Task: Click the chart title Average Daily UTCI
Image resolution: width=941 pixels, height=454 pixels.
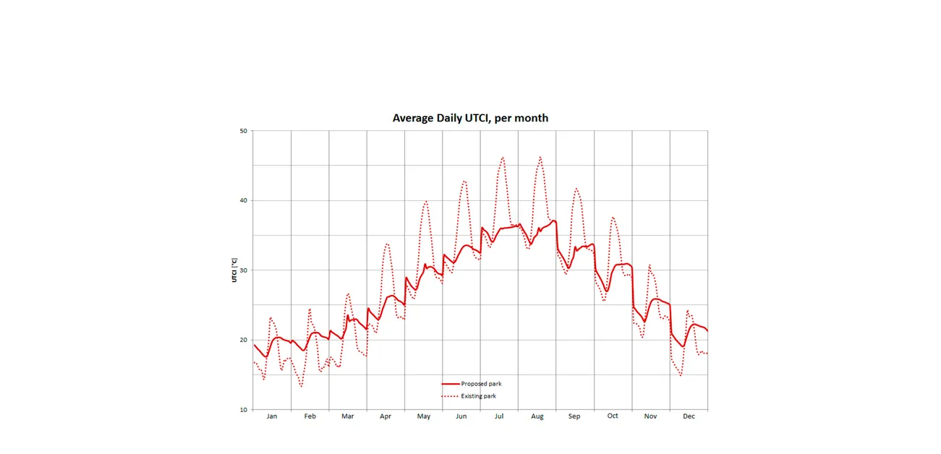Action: [470, 118]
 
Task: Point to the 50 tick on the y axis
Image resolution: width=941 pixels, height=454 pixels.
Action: [244, 131]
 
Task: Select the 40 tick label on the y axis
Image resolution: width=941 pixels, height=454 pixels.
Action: [244, 200]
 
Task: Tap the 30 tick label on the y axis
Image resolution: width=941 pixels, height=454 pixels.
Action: [244, 270]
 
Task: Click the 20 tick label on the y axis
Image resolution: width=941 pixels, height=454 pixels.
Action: [244, 340]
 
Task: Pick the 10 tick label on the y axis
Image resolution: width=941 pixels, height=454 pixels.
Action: [244, 410]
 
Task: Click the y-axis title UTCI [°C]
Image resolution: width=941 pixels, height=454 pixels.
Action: [234, 270]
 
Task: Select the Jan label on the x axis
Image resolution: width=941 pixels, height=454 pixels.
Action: [272, 416]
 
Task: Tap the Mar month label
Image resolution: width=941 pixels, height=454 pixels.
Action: [348, 416]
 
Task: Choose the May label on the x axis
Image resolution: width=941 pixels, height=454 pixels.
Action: [424, 416]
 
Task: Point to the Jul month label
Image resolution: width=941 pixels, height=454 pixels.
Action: [499, 416]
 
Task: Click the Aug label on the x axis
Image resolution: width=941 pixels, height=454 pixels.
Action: [537, 416]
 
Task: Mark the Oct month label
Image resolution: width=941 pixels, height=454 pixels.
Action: [613, 416]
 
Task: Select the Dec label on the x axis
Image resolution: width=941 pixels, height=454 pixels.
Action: [689, 416]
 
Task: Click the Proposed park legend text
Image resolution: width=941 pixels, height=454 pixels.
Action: [481, 384]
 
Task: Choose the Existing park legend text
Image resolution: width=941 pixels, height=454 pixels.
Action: [479, 396]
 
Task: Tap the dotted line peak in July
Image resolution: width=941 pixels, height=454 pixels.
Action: [503, 157]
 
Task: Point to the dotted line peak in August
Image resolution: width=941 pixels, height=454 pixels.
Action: [540, 157]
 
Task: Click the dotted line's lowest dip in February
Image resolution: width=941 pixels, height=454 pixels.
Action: [302, 386]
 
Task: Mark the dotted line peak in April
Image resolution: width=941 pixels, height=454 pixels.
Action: [387, 244]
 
